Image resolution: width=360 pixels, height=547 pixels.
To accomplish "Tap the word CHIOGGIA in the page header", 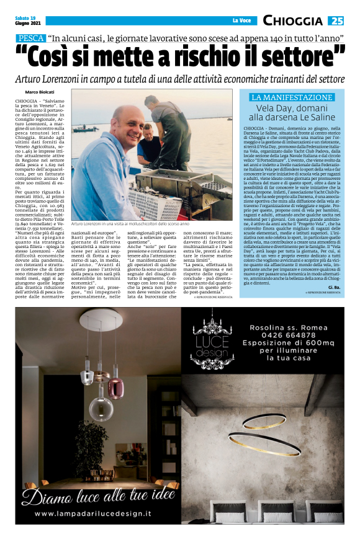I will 292,21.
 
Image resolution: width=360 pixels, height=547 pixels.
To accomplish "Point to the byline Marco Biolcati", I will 39,92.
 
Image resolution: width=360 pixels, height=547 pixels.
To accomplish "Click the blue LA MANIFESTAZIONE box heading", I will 292,97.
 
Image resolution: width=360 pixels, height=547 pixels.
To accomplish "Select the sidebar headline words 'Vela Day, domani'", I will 292,107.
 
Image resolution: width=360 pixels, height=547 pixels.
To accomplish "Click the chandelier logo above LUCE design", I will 213,329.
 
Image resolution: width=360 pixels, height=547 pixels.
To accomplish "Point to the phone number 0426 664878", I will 283,337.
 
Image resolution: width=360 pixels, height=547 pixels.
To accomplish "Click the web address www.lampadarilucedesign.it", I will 93,514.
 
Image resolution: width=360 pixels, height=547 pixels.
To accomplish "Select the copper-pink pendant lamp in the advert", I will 115,384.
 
